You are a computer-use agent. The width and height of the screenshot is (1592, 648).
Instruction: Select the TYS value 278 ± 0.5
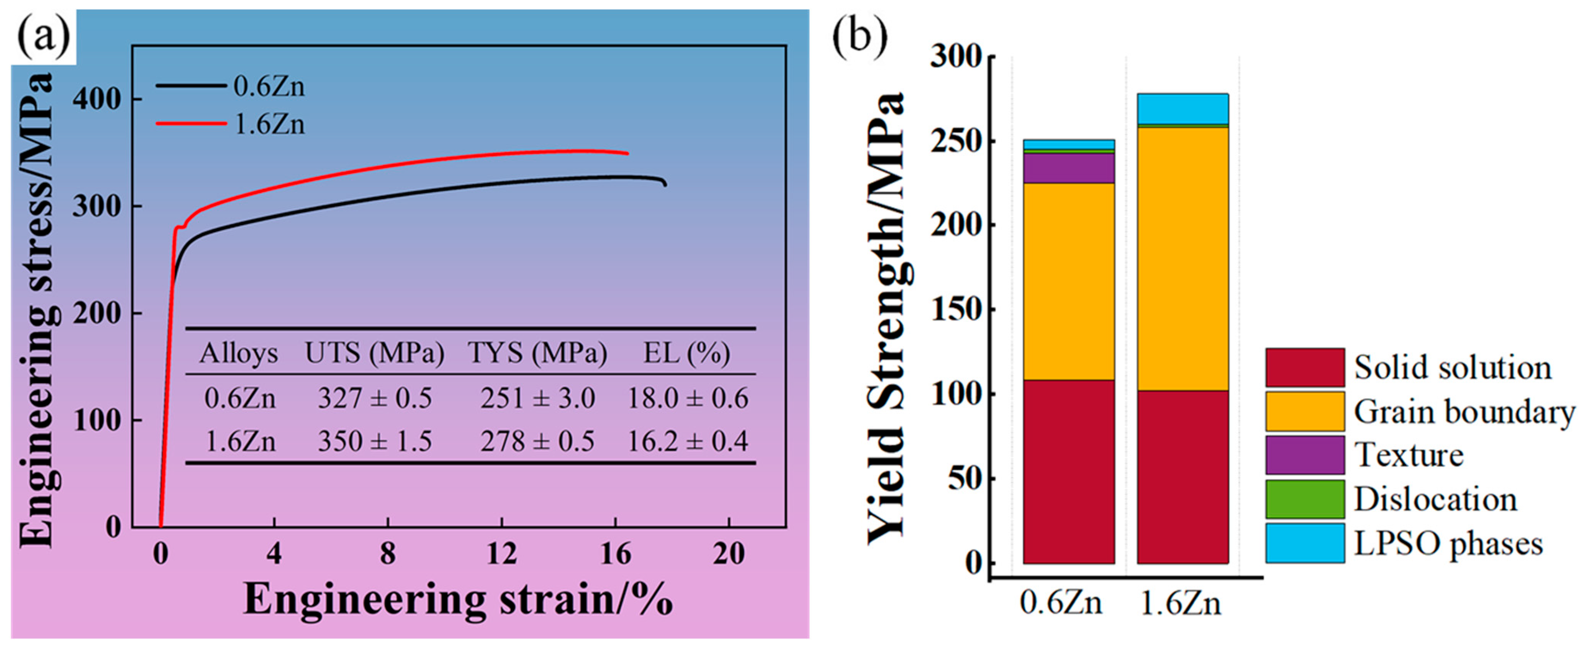[x=537, y=441]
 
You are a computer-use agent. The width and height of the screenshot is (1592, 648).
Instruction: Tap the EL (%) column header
[x=686, y=353]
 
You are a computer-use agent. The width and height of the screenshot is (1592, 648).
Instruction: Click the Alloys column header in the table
[x=239, y=353]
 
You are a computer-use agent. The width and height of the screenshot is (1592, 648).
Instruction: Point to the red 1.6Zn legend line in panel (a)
[x=191, y=124]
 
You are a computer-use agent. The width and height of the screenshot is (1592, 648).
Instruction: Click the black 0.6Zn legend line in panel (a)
[x=191, y=86]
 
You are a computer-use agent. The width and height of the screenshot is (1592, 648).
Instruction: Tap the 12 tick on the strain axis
[x=501, y=553]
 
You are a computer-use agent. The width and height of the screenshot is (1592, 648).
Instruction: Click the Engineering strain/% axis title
[x=458, y=600]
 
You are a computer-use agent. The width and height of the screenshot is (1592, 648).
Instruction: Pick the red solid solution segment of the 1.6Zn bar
[x=1182, y=476]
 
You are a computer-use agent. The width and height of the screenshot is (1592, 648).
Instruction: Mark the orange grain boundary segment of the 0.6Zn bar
[x=1068, y=281]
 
